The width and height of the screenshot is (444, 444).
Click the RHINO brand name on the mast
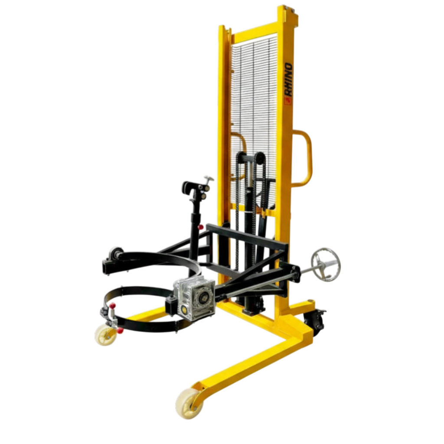pyautogui.click(x=288, y=80)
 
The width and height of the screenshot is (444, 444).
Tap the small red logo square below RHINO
pyautogui.click(x=288, y=101)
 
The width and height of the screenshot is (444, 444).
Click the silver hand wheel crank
pyautogui.click(x=326, y=265)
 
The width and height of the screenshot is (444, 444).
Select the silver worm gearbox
pyautogui.click(x=194, y=300)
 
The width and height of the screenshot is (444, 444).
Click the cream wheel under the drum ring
pyautogui.click(x=106, y=335)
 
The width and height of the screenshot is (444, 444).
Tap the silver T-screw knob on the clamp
pyautogui.click(x=209, y=178)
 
